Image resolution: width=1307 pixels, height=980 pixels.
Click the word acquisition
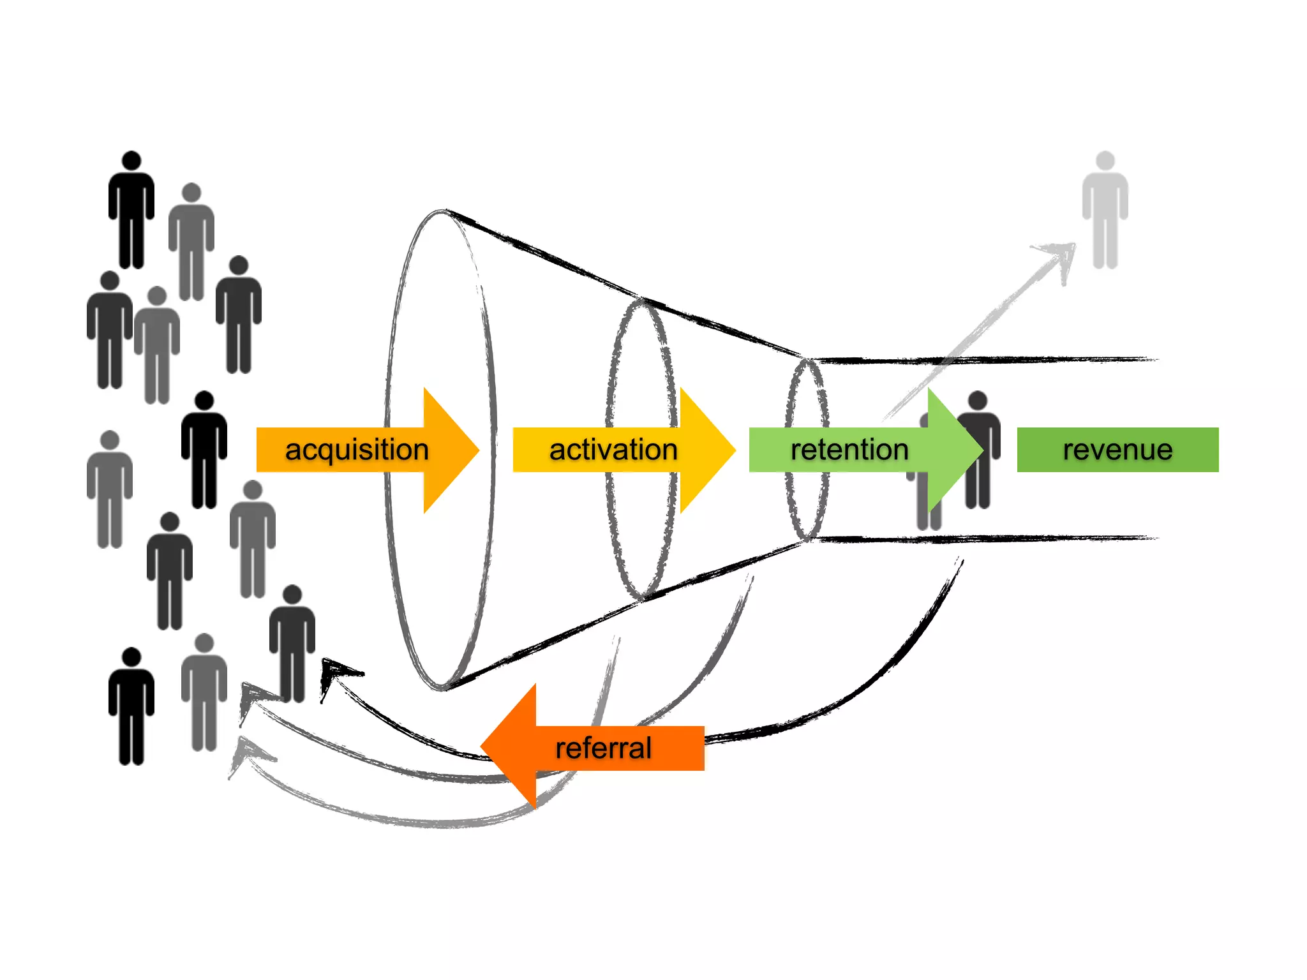tap(356, 450)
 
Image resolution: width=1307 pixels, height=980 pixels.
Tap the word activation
tap(613, 450)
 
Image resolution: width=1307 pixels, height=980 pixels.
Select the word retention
tap(849, 450)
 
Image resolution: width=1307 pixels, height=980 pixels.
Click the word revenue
tap(1117, 450)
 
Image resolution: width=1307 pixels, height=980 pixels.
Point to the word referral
tap(603, 748)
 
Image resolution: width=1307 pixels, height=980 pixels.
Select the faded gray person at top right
tap(1105, 211)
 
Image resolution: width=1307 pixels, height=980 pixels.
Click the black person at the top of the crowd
tap(131, 211)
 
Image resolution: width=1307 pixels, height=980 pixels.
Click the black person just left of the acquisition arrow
tap(204, 450)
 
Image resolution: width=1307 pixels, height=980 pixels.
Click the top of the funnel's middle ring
tap(641, 301)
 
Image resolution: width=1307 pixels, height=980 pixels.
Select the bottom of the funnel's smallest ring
tap(807, 539)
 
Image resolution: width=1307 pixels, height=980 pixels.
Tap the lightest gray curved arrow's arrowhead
tap(243, 753)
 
